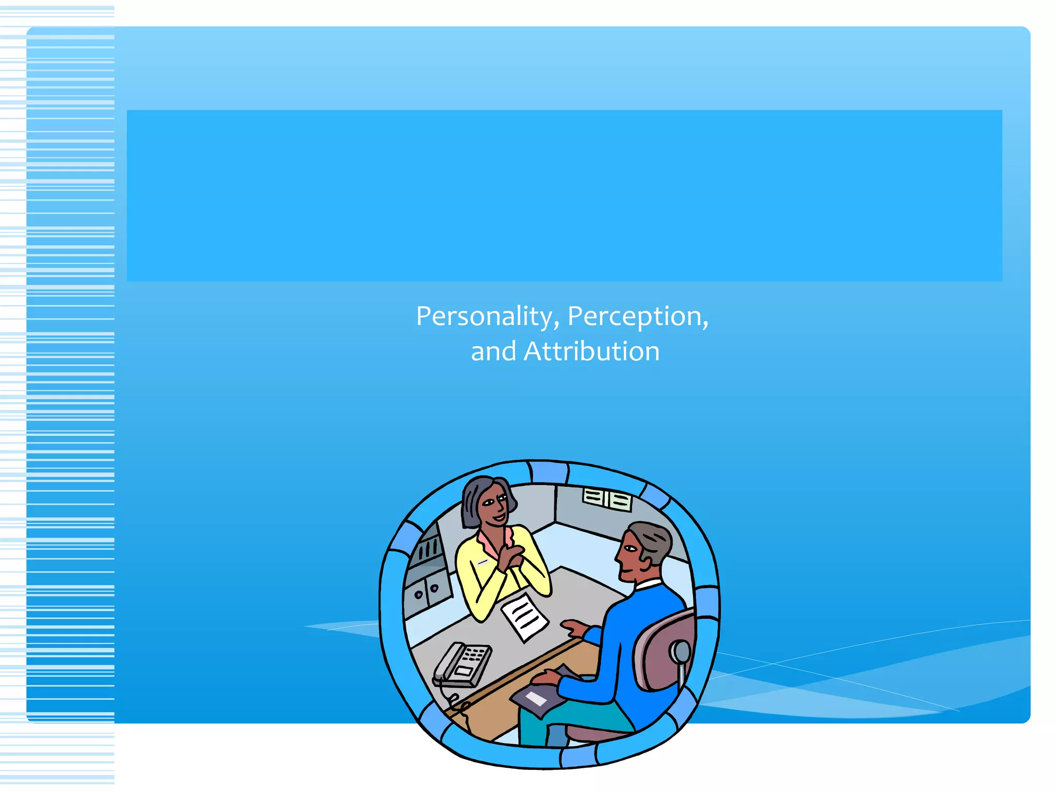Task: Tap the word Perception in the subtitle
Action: pyautogui.click(x=636, y=316)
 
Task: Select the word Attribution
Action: pyautogui.click(x=591, y=352)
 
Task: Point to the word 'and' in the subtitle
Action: pyautogui.click(x=493, y=352)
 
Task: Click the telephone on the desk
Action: pyautogui.click(x=461, y=665)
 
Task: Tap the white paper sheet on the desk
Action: pyautogui.click(x=524, y=616)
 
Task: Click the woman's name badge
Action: pyautogui.click(x=483, y=562)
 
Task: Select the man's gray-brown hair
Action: pyautogui.click(x=652, y=541)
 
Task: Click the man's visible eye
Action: pyautogui.click(x=632, y=549)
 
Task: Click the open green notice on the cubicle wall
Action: pyautogui.click(x=607, y=499)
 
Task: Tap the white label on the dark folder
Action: pyautogui.click(x=536, y=699)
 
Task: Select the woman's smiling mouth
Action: pyautogui.click(x=499, y=517)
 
